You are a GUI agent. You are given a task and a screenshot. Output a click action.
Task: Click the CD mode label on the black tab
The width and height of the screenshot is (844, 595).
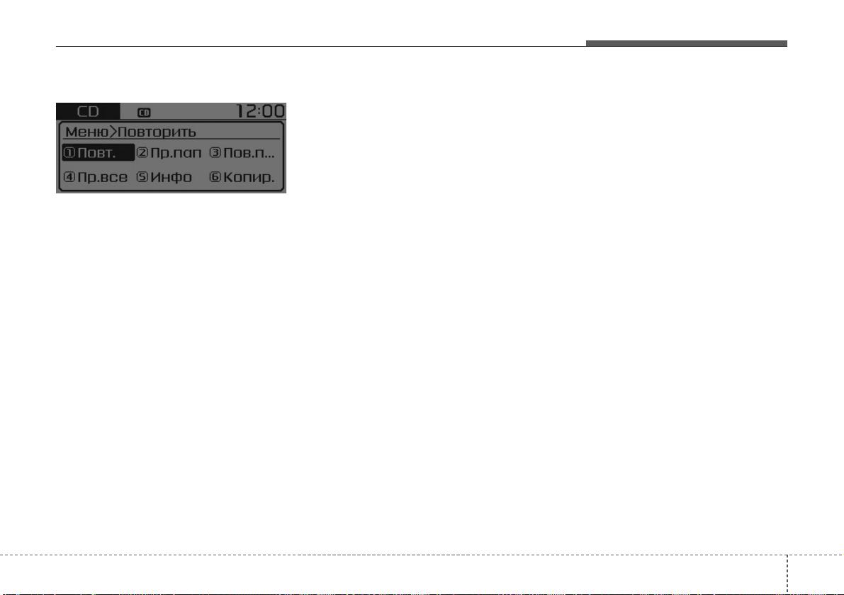88,111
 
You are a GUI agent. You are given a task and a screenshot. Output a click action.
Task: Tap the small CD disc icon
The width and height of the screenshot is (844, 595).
144,113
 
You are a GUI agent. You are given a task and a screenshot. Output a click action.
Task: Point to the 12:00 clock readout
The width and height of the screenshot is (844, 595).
261,110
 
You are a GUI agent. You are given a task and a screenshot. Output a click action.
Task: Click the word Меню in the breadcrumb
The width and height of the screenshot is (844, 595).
86,132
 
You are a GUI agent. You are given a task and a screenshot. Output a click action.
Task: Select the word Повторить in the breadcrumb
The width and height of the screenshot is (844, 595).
157,132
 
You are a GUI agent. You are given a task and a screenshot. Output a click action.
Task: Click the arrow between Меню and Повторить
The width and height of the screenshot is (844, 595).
113,131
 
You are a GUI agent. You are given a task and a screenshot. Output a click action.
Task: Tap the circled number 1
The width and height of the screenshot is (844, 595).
69,153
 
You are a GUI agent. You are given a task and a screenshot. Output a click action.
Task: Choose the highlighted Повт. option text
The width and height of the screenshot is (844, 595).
97,153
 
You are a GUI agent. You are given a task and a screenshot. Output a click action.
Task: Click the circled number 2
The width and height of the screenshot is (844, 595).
142,153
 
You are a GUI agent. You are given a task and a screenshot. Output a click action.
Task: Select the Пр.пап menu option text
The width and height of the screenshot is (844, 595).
176,153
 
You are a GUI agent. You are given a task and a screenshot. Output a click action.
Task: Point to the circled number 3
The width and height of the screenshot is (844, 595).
215,153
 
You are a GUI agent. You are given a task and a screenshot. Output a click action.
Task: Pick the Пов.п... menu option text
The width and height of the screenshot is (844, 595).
249,153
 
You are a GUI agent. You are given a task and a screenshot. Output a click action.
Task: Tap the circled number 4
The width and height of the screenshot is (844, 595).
69,177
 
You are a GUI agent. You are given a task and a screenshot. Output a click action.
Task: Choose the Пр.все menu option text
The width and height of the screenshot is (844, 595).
103,177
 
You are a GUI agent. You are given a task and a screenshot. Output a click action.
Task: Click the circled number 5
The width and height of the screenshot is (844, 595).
142,177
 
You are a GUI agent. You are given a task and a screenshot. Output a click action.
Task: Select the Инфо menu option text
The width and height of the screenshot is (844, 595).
171,177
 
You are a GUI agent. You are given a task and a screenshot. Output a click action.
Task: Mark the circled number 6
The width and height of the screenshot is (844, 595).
215,177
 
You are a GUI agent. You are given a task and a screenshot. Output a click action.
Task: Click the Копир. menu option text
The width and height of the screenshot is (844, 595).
249,177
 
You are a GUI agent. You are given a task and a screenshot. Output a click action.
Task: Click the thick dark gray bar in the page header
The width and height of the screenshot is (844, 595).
686,44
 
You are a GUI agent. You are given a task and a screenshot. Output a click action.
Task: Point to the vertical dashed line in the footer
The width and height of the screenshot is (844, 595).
787,574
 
